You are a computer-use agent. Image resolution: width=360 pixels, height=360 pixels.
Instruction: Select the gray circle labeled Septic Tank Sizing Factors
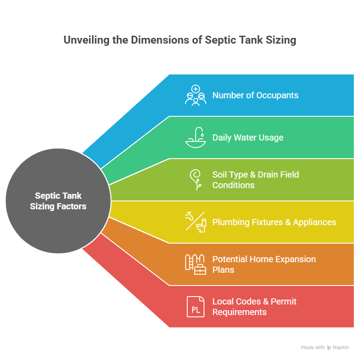pos(58,201)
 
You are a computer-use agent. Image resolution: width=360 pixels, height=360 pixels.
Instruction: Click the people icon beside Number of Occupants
pos(195,95)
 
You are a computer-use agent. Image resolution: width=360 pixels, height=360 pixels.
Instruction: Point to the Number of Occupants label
pos(255,95)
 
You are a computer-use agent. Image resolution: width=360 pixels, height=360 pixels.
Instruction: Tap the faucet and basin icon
pos(195,137)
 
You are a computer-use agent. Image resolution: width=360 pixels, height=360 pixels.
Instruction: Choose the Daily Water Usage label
pos(248,137)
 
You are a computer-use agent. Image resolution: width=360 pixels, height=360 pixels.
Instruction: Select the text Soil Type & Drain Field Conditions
pos(256,180)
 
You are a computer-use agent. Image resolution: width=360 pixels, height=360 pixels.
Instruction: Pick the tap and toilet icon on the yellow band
pos(195,222)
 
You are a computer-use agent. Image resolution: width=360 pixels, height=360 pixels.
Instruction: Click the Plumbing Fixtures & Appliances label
pos(274,222)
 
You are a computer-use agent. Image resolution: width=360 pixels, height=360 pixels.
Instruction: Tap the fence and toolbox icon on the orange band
pos(195,264)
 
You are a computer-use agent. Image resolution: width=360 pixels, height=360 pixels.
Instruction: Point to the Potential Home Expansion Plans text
pos(264,264)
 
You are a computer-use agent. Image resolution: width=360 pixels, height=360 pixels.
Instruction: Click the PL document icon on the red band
pos(195,307)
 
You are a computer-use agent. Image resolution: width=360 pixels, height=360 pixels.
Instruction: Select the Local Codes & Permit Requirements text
pos(254,307)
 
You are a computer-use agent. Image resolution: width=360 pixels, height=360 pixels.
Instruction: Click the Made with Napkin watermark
pos(325,348)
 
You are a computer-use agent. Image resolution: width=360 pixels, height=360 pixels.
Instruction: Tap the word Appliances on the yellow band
pos(315,222)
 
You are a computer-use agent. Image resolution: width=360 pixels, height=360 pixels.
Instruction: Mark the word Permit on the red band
pos(283,302)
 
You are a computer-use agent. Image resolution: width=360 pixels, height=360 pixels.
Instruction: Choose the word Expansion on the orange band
pos(296,260)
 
